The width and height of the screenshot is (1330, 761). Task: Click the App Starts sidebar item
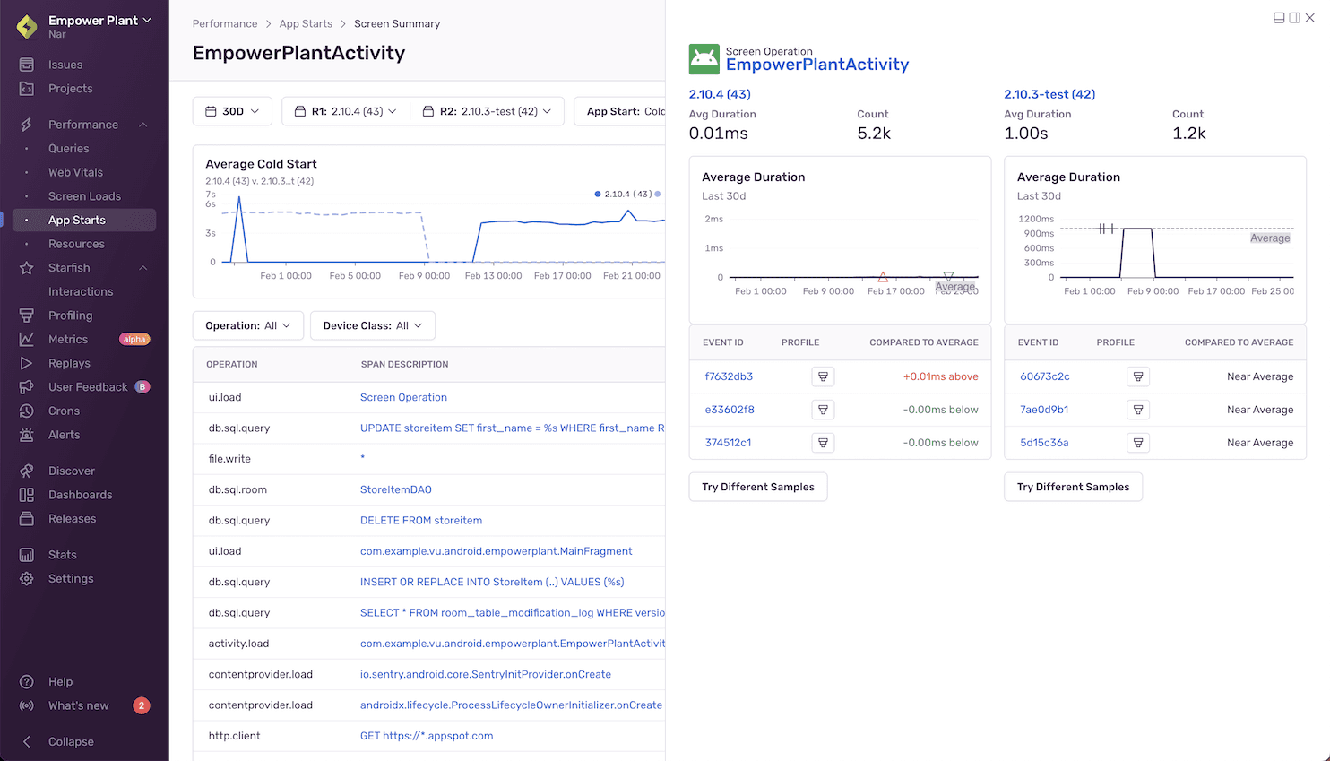point(77,220)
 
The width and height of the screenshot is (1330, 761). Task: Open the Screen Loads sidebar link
point(84,196)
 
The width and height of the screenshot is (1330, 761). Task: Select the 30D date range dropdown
point(232,111)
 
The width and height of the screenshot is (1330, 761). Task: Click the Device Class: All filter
point(372,325)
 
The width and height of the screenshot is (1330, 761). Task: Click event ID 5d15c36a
point(1044,443)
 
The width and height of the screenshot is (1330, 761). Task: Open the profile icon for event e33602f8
point(823,410)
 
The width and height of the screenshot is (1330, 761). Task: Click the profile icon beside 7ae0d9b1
point(1138,410)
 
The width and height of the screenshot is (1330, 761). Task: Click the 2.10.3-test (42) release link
point(1049,94)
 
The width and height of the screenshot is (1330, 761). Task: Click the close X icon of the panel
point(1310,18)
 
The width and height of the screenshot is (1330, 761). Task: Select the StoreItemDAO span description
point(396,489)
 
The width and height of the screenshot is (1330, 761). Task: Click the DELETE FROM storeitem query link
point(421,520)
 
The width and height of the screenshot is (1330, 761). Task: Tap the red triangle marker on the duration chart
point(883,277)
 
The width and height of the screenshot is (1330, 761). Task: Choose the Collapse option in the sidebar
point(71,741)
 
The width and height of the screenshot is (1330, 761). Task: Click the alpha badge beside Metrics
point(134,339)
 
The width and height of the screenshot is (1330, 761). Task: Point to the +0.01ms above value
point(940,376)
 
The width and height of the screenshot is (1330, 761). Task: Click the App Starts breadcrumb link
point(306,23)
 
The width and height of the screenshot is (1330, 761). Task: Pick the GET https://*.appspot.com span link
point(427,736)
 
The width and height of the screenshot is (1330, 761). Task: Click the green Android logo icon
point(704,59)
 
